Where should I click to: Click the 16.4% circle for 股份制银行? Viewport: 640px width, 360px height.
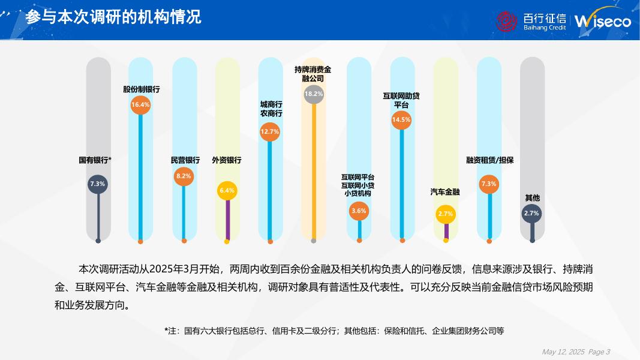(140, 104)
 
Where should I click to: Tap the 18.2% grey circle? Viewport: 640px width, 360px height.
(314, 94)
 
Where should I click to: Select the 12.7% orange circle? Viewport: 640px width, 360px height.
(270, 131)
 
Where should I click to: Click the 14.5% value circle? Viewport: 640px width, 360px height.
(401, 119)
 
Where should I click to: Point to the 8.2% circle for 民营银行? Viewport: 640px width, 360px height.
(184, 176)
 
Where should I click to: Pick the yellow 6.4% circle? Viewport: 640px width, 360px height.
(227, 190)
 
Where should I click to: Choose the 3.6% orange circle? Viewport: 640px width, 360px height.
(359, 211)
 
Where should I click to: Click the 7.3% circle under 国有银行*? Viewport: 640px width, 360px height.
(98, 184)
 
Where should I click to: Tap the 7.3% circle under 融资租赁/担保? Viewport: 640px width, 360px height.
(489, 184)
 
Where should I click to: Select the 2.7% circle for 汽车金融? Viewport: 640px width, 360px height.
(446, 214)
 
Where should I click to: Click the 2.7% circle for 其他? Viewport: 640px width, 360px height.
(532, 213)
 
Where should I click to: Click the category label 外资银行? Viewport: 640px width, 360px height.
(227, 160)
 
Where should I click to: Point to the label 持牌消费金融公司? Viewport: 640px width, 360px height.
(313, 74)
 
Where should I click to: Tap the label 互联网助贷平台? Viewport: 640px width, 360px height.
(401, 100)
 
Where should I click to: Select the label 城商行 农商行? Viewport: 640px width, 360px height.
(271, 109)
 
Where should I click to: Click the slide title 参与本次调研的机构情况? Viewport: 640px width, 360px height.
(113, 17)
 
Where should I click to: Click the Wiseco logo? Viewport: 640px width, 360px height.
(602, 21)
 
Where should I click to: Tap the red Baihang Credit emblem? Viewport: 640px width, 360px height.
(506, 21)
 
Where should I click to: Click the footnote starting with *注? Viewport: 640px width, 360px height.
(334, 331)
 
